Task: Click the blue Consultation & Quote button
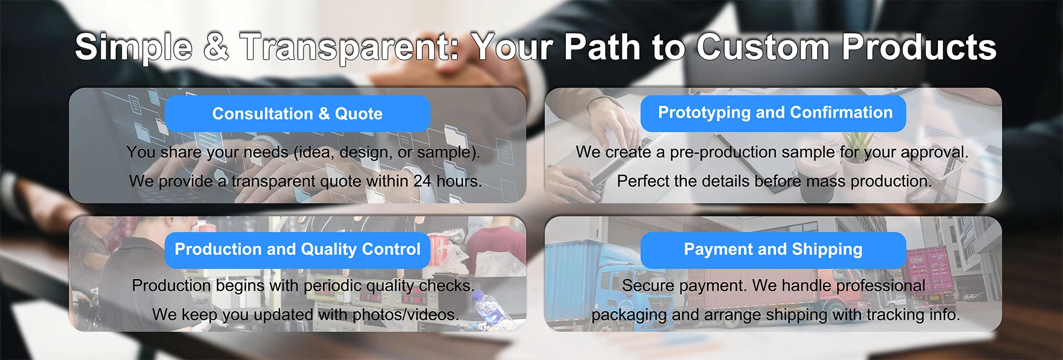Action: [297, 114]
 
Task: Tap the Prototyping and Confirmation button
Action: [773, 114]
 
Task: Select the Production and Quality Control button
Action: [297, 250]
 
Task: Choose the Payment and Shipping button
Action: [773, 250]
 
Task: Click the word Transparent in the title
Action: [350, 47]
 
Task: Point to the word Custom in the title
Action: [763, 47]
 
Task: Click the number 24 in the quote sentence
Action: [422, 181]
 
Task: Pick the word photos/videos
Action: [405, 315]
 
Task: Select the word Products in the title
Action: [919, 47]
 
